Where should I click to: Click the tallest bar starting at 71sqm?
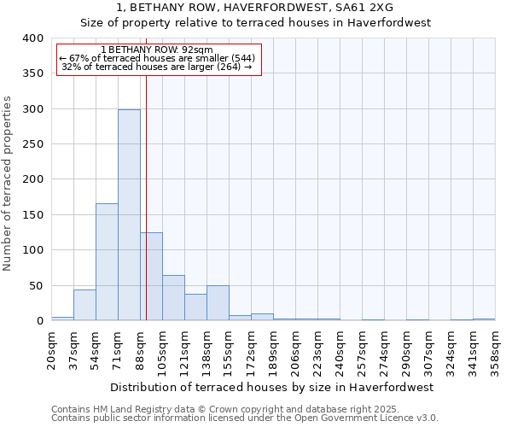point(129,215)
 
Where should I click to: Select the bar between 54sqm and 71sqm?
point(107,262)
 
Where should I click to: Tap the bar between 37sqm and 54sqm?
point(84,305)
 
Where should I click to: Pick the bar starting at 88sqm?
point(151,277)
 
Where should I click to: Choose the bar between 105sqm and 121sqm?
point(173,298)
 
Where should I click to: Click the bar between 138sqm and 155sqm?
point(218,303)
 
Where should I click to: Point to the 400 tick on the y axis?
point(32,38)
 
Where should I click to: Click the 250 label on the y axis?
point(32,144)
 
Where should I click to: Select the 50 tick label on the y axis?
point(35,286)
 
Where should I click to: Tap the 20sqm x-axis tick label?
point(52,349)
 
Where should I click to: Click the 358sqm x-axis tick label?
point(496,349)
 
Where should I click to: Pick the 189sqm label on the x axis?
point(274,349)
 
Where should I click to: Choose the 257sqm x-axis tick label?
point(363,349)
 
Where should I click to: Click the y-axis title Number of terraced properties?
point(8,184)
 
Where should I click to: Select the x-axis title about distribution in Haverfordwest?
point(272,387)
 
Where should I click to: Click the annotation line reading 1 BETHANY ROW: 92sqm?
point(157,50)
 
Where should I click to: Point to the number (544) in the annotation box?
point(240,58)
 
